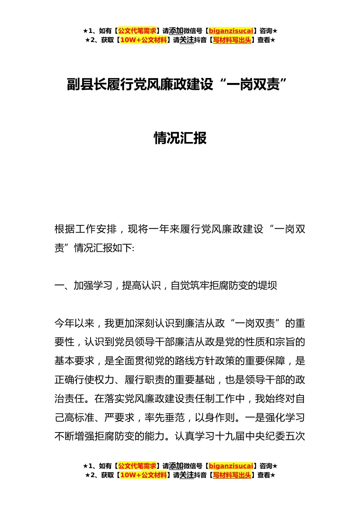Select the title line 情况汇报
[180, 138]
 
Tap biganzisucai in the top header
[231, 31]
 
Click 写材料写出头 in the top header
[232, 40]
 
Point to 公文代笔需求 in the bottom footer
[137, 466]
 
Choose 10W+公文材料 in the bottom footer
[143, 475]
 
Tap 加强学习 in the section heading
[93, 286]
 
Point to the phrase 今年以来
[74, 323]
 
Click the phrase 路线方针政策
[215, 361]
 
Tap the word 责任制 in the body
[200, 399]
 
